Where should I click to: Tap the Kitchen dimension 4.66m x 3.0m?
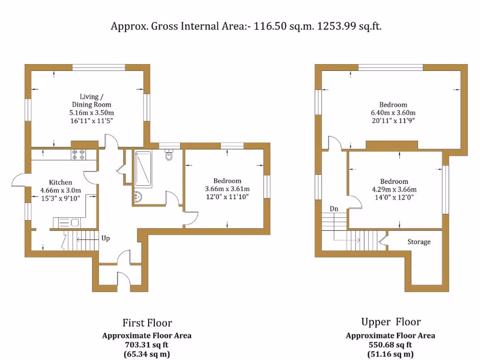[61, 190]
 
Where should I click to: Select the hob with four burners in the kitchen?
[77, 154]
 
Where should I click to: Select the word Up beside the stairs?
[106, 238]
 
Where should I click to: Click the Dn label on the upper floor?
[334, 209]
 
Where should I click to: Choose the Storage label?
[419, 242]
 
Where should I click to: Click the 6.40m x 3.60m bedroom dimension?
[393, 113]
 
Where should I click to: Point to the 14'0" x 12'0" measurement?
[393, 197]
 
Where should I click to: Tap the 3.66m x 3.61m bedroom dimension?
[227, 189]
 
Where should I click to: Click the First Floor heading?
[147, 322]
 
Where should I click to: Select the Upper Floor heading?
[390, 322]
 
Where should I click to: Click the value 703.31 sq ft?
[147, 345]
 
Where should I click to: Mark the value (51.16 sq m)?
[390, 354]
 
